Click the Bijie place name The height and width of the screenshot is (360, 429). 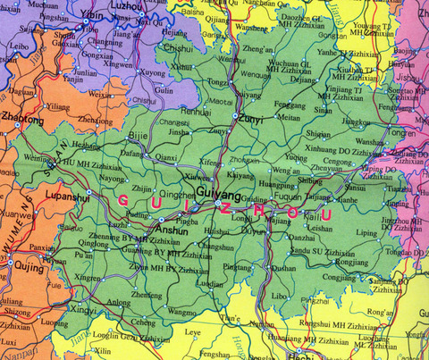[138, 135]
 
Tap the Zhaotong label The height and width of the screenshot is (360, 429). [23, 118]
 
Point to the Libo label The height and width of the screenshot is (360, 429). [280, 294]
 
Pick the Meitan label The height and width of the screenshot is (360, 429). [289, 117]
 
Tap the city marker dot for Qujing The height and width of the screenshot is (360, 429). [10, 264]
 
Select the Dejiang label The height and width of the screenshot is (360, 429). [304, 79]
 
